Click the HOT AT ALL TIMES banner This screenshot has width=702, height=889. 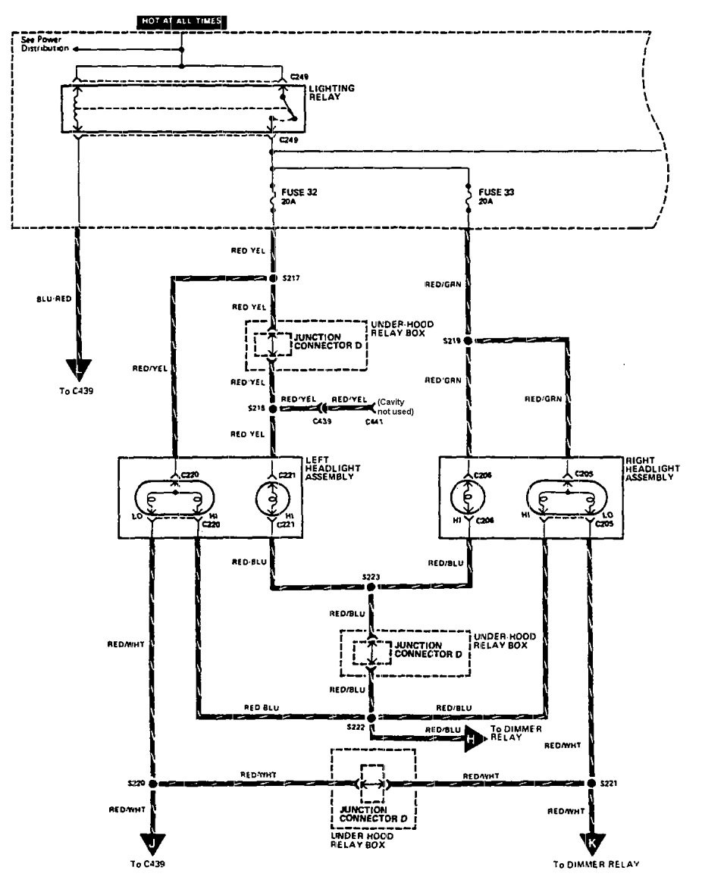(x=180, y=21)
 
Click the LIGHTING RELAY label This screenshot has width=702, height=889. (x=331, y=93)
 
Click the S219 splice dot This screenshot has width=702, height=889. (x=469, y=341)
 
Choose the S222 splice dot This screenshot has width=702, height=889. (x=371, y=716)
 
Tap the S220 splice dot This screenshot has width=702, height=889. (x=152, y=783)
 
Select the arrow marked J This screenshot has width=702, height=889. (x=152, y=844)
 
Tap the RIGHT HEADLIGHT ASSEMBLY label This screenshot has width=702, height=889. (x=653, y=468)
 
